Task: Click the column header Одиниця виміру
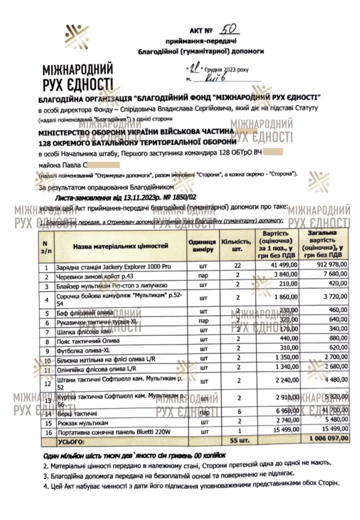click(x=202, y=246)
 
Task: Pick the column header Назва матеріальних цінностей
click(x=120, y=246)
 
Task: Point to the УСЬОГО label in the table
click(x=69, y=439)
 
